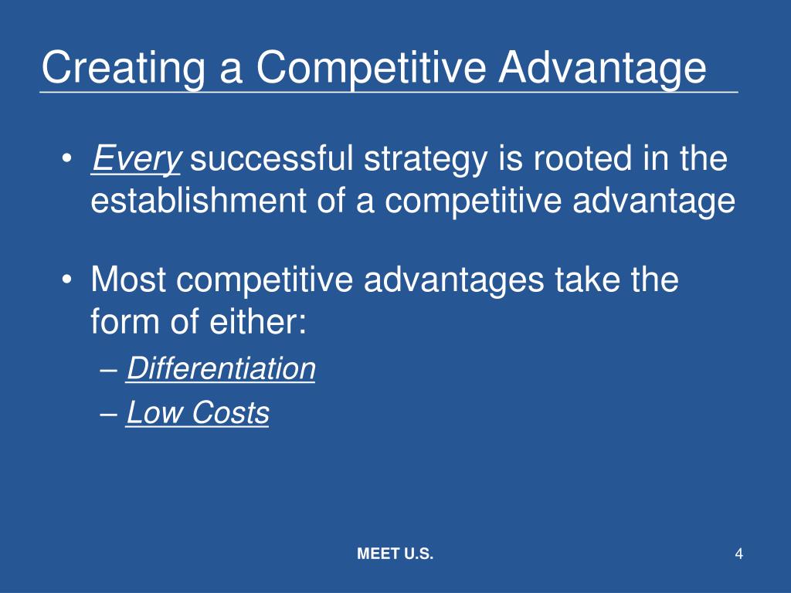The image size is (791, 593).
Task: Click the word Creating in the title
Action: click(124, 69)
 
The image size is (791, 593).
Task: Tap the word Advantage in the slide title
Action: click(603, 69)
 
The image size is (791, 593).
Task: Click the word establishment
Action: click(199, 200)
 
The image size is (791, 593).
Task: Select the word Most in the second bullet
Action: click(128, 279)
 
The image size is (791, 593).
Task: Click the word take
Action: click(587, 279)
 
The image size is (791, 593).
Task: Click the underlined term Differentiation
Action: click(220, 368)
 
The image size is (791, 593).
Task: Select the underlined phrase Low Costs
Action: click(197, 412)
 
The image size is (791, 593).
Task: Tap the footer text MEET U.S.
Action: click(395, 554)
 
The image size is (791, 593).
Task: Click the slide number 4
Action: click(739, 554)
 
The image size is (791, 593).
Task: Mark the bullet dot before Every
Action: click(67, 159)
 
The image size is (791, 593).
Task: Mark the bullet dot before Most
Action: click(67, 280)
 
